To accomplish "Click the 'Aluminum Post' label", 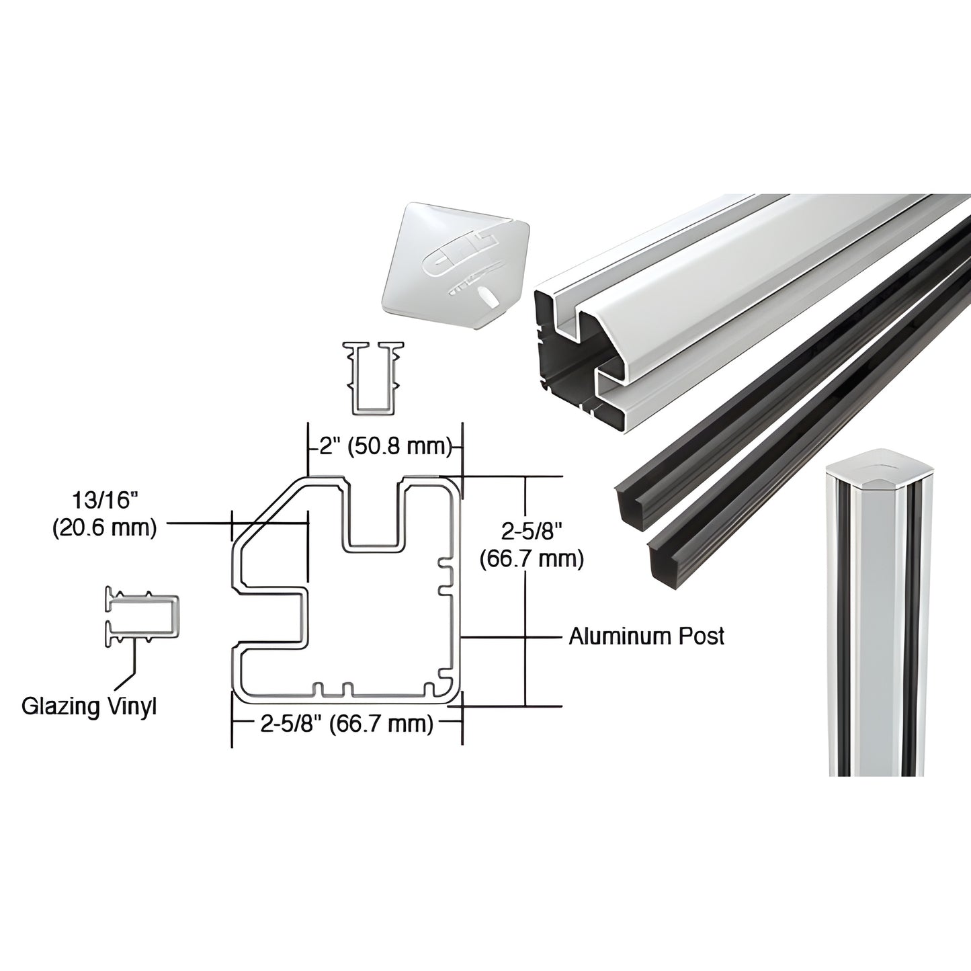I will click(646, 636).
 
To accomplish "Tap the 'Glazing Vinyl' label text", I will click(89, 706).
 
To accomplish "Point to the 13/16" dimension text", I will click(104, 502).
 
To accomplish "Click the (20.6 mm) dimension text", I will click(104, 528).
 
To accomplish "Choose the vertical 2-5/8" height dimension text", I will click(531, 532).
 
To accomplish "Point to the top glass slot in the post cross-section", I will click(375, 511).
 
